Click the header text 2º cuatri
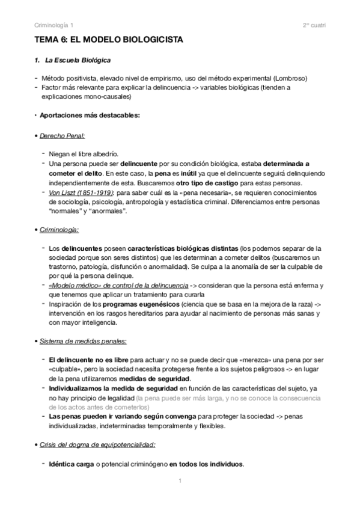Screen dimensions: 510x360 [x=314, y=25]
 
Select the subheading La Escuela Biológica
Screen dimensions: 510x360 [x=77, y=61]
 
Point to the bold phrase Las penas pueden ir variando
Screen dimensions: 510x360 [x=93, y=417]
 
